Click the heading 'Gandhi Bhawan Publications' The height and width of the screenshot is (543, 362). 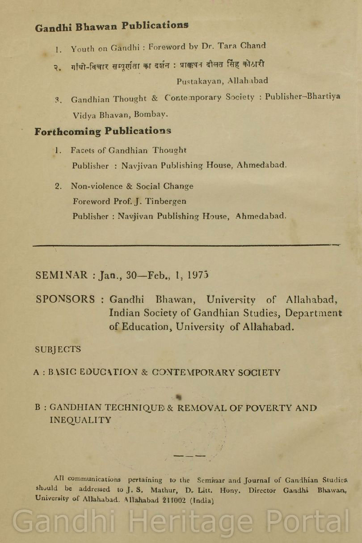pos(112,26)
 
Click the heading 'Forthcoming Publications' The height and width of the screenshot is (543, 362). pos(103,131)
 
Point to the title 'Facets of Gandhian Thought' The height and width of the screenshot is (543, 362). pos(128,151)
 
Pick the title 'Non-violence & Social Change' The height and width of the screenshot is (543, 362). pos(132,186)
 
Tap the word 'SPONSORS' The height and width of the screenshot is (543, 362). pos(65,299)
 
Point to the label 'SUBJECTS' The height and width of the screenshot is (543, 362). pos(58,349)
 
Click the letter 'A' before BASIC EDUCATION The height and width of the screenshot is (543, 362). pos(36,372)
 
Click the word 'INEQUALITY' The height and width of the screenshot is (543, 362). pos(80,420)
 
